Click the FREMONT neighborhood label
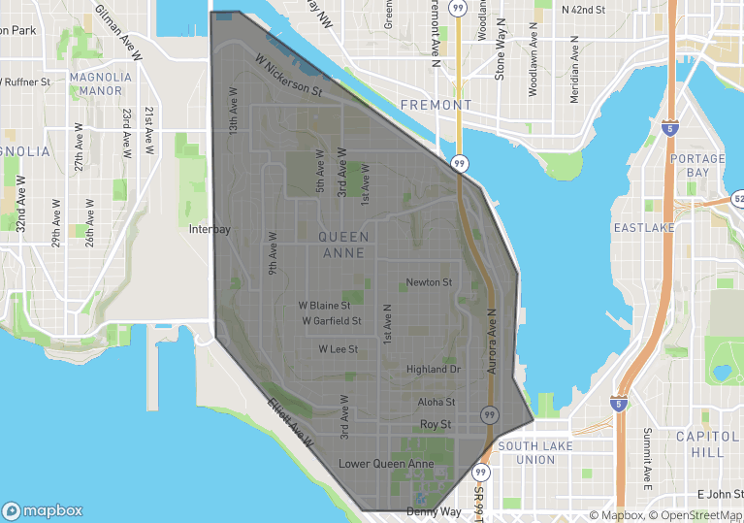[435, 105]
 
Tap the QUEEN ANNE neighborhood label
[343, 245]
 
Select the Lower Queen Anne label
[386, 464]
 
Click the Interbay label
[210, 230]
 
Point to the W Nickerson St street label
[289, 75]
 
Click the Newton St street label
[429, 282]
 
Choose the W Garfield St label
[331, 321]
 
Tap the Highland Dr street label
[434, 369]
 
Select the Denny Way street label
[435, 511]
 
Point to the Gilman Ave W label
[118, 31]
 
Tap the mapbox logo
[43, 510]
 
